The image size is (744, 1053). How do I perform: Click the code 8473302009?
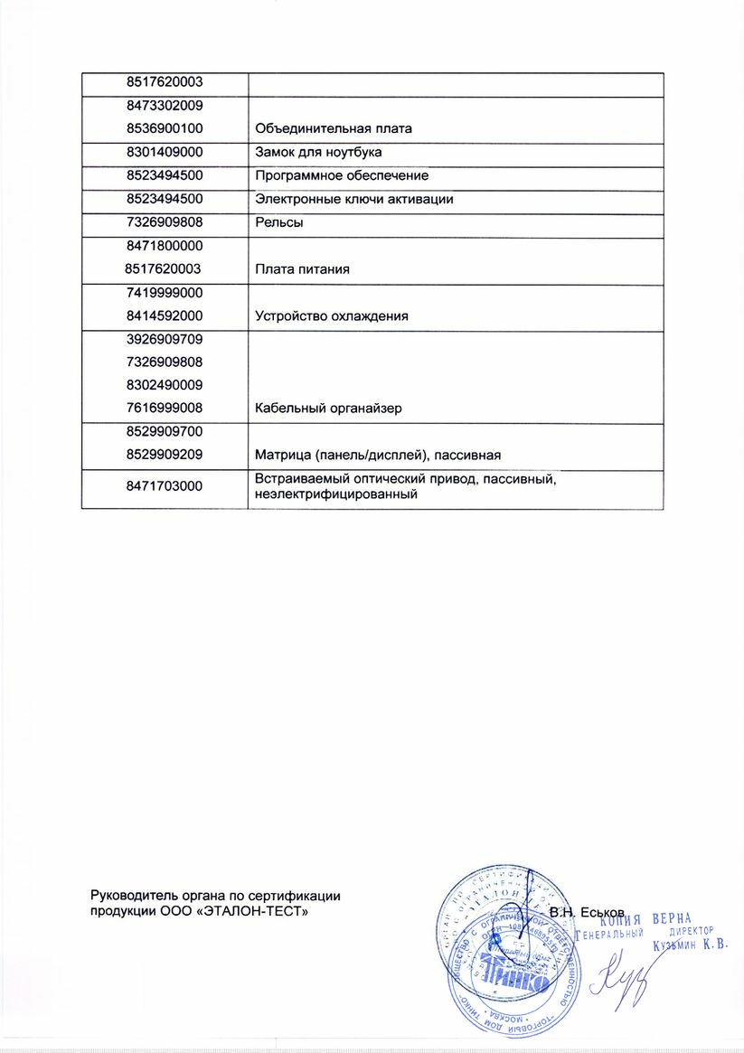pos(165,106)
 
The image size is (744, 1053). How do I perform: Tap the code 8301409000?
pos(165,153)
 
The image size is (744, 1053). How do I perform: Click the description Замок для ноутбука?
pos(313,153)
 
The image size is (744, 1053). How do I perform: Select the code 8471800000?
pos(165,246)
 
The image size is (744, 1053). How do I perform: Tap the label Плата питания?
pos(302,269)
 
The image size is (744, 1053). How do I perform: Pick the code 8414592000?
pos(165,316)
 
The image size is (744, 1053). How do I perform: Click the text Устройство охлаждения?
pos(331,316)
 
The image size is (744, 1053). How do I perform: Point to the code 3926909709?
pos(165,340)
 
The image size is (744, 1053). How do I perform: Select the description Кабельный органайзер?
pos(328,409)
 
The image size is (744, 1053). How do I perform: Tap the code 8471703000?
pos(165,486)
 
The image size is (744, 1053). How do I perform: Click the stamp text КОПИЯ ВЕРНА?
pos(645,917)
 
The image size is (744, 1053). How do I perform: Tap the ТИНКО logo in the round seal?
pos(513,978)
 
